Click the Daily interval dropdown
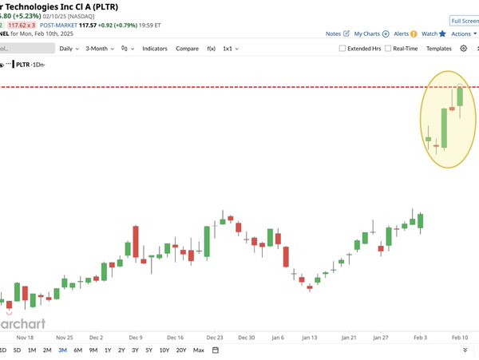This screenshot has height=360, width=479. (68, 49)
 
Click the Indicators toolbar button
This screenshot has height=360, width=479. (154, 49)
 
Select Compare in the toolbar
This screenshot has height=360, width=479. (187, 49)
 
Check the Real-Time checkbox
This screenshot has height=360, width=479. (388, 49)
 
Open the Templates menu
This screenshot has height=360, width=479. (438, 49)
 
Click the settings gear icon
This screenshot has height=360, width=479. (464, 49)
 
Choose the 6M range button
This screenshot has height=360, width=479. (77, 350)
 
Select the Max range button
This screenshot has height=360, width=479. (198, 350)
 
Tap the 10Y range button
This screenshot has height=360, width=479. (164, 350)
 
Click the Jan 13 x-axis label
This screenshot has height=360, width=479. (311, 337)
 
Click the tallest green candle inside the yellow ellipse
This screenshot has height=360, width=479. (444, 127)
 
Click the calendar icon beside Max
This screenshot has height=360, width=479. (215, 350)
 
